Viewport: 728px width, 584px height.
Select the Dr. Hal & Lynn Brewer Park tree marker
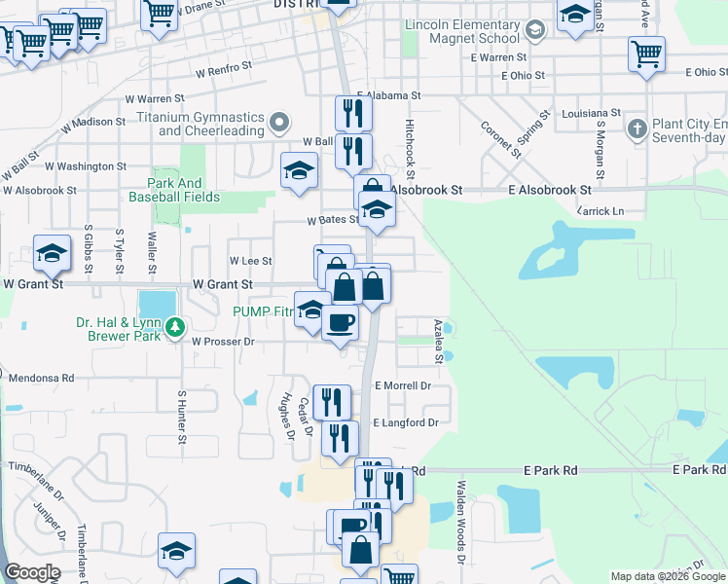[x=175, y=327]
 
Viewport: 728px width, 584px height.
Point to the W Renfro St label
[x=223, y=71]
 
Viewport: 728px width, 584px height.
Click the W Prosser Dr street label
[x=223, y=342]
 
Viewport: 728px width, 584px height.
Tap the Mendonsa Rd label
[x=41, y=377]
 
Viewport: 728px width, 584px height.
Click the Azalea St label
[x=439, y=341]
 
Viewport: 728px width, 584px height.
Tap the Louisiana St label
[x=591, y=113]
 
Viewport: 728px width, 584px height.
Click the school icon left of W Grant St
[x=51, y=255]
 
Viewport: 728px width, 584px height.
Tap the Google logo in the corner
[x=32, y=572]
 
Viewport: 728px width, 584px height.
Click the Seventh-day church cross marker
[x=636, y=128]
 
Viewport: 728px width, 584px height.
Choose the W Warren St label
[x=155, y=98]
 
